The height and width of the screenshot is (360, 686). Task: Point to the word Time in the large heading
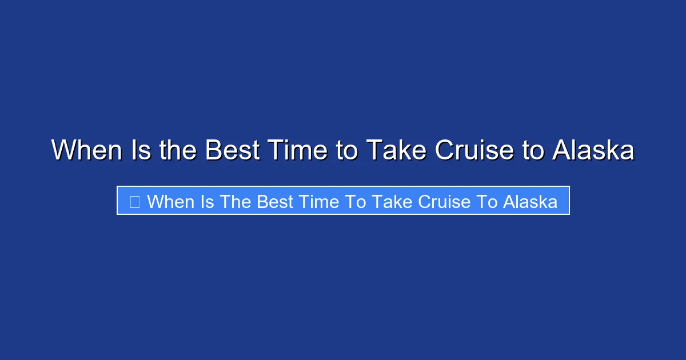pos(302,151)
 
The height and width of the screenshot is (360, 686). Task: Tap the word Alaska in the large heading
pos(593,151)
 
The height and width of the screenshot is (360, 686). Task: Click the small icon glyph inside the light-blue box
pos(135,201)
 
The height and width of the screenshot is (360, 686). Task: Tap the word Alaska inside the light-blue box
pos(531,201)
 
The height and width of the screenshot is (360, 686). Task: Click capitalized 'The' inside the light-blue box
pos(237,201)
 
